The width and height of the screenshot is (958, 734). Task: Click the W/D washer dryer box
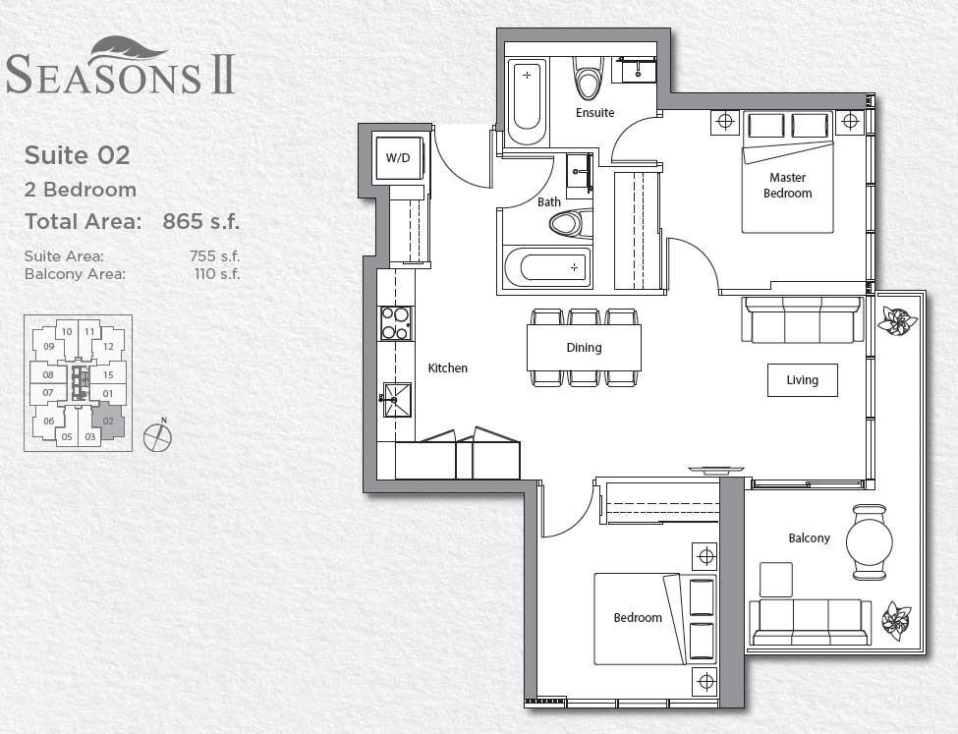397,157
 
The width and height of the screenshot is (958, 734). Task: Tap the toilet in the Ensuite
589,78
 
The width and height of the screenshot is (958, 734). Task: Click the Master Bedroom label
787,186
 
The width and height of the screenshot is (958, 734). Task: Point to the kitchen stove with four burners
396,323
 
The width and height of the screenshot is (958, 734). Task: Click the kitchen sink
397,399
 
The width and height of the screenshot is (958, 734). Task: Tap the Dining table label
584,347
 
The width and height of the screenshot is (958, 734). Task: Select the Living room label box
802,380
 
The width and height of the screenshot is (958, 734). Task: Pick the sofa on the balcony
810,622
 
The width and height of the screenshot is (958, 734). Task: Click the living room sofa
802,320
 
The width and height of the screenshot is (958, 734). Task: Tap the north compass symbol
157,436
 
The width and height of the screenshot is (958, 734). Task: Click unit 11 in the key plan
89,332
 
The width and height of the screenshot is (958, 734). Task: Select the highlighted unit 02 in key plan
108,422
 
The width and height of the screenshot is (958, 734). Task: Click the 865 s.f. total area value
200,221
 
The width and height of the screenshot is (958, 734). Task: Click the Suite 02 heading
77,154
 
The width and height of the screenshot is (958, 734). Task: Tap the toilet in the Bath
568,224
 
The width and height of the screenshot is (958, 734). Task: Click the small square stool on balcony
775,580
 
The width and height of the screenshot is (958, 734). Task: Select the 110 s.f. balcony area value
217,274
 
